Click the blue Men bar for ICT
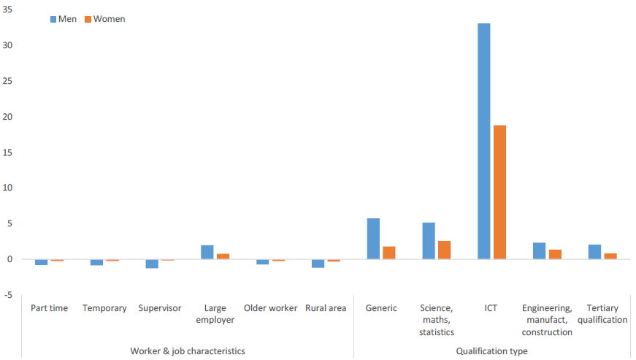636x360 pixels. coord(483,141)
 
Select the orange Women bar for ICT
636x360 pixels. coord(499,192)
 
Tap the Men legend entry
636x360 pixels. coord(64,19)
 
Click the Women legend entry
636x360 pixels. coord(104,19)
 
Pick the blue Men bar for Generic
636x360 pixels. coord(373,239)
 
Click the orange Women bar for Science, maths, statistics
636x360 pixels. coord(444,250)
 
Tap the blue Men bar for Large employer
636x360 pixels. coord(207,252)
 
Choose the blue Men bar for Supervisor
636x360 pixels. coord(152,264)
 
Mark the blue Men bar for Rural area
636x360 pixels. coord(318,263)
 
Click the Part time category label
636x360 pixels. coord(49,308)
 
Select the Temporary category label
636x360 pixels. coord(104,308)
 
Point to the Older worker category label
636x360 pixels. coord(270,308)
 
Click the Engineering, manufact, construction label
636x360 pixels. coord(547,320)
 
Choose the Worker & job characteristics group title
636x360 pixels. coord(188,351)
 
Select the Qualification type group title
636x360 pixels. coord(491,351)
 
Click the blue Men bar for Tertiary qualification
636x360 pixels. coord(594,252)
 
